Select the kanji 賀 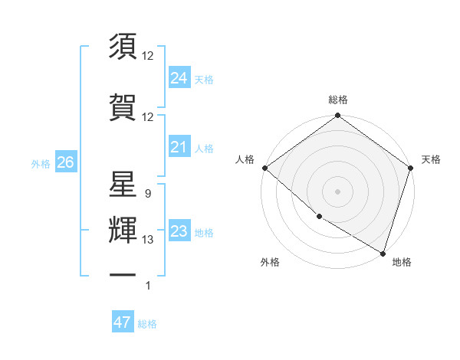(123, 106)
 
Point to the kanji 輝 (123, 230)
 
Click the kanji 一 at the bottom (123, 275)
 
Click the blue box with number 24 (179, 78)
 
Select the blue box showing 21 (179, 147)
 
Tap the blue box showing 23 (179, 231)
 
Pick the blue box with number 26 (65, 162)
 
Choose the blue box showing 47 (122, 322)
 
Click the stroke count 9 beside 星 (147, 194)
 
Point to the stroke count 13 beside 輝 (148, 240)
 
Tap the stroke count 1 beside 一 (147, 286)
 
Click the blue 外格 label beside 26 (41, 163)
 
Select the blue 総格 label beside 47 (147, 324)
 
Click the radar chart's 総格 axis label (338, 100)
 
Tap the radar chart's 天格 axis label (431, 159)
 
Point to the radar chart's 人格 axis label (245, 159)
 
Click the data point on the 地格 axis (383, 252)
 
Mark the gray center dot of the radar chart (337, 191)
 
